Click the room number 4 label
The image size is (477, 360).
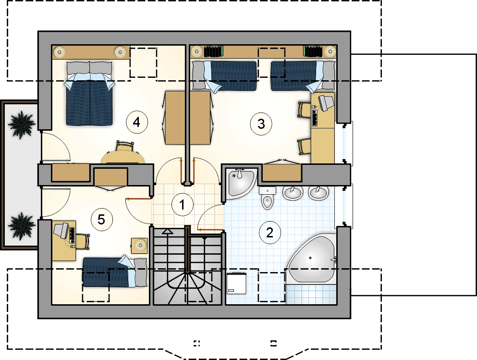pyautogui.click(x=137, y=123)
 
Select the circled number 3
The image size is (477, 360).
pyautogui.click(x=261, y=124)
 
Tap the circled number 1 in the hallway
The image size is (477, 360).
pyautogui.click(x=182, y=205)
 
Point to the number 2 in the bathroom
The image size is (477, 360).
pyautogui.click(x=270, y=233)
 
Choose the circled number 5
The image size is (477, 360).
pyautogui.click(x=101, y=219)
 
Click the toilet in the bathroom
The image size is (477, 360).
pyautogui.click(x=268, y=198)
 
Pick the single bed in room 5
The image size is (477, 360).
pyautogui.click(x=115, y=272)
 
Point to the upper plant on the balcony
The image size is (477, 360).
pyautogui.click(x=21, y=124)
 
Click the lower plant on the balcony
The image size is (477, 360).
pyautogui.click(x=21, y=226)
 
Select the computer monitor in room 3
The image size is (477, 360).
pyautogui.click(x=326, y=102)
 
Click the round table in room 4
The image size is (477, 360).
pyautogui.click(x=123, y=157)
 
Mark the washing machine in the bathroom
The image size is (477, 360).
pyautogui.click(x=236, y=283)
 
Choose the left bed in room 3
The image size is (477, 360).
pyautogui.click(x=224, y=76)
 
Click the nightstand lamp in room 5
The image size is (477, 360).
pyautogui.click(x=140, y=245)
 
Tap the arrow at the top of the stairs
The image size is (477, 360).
pyautogui.click(x=167, y=232)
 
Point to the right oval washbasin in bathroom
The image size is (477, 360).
pyautogui.click(x=318, y=193)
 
